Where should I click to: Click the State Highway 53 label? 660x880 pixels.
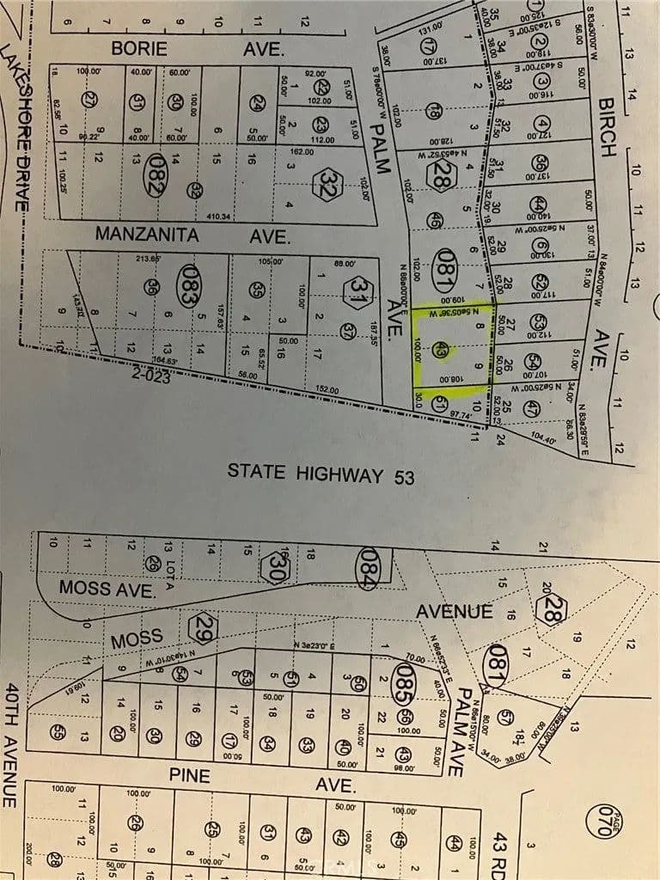(x=321, y=472)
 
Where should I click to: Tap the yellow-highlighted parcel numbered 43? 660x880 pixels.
(x=441, y=350)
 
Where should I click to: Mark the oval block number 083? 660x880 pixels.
(x=189, y=286)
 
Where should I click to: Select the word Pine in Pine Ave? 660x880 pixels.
(x=189, y=776)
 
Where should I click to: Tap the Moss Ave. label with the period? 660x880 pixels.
(x=107, y=589)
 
